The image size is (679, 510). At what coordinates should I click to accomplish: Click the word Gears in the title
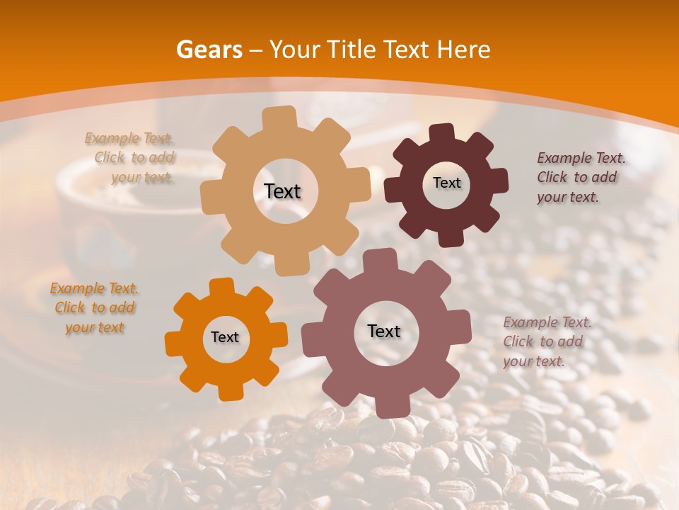click(x=209, y=50)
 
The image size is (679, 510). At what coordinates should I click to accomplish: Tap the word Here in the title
click(x=463, y=50)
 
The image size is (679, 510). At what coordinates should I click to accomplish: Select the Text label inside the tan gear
click(x=282, y=191)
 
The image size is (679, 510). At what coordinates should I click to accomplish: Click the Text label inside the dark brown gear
click(x=446, y=183)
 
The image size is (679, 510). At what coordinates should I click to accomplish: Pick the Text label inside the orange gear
click(x=225, y=337)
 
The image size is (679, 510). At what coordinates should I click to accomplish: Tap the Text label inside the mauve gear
click(x=384, y=331)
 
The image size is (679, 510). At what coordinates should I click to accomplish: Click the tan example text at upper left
click(x=131, y=158)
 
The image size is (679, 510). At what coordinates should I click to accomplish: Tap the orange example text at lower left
click(x=95, y=308)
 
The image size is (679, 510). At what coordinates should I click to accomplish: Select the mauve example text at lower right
click(x=546, y=341)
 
